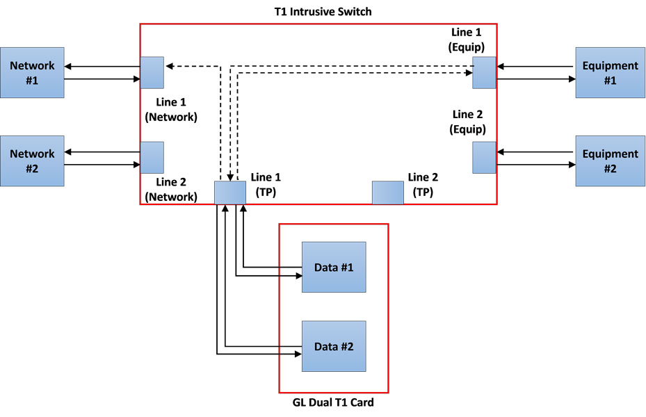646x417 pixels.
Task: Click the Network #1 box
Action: (32, 72)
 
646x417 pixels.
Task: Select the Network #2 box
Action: (32, 161)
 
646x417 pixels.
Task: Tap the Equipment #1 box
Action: (610, 72)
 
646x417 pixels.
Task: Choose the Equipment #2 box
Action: (610, 161)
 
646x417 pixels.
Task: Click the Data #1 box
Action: (334, 267)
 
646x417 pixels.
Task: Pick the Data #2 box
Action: (334, 346)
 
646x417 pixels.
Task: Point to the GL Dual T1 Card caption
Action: (333, 402)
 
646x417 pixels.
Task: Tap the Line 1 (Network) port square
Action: (152, 72)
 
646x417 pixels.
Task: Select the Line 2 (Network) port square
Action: (152, 157)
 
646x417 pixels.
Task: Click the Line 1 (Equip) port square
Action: (484, 72)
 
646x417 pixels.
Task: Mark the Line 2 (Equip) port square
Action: (484, 157)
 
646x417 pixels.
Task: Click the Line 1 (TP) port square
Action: (230, 192)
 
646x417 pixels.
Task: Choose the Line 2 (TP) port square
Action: (387, 192)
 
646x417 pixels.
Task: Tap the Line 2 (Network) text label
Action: (171, 189)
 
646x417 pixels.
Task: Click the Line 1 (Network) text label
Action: (171, 110)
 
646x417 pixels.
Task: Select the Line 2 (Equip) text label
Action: (469, 122)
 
